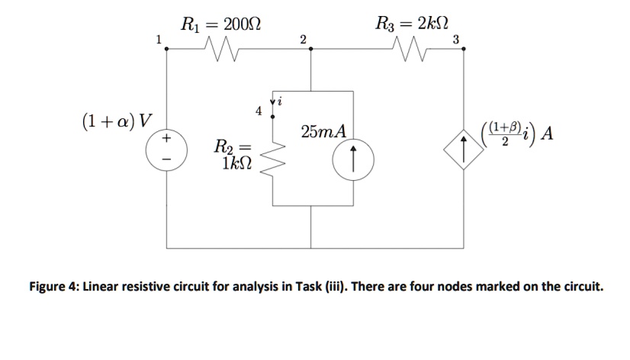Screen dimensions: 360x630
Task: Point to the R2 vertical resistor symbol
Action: coord(273,157)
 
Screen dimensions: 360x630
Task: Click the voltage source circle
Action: coord(166,149)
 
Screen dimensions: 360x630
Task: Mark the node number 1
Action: coord(158,38)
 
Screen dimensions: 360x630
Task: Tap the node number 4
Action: coord(258,111)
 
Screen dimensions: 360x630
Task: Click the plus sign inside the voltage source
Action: coord(166,140)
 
